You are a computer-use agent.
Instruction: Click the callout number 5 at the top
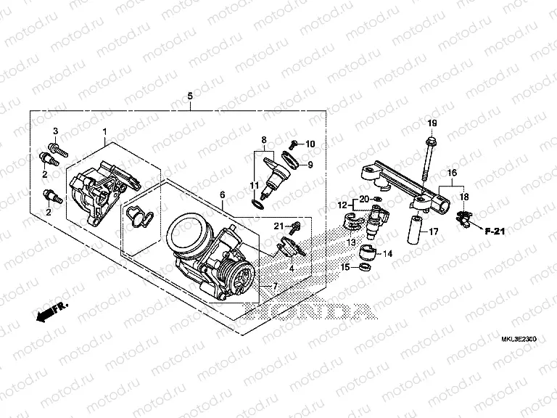[x=190, y=97]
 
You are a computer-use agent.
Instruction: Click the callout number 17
[x=433, y=232]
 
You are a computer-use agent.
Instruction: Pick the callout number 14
[x=387, y=254]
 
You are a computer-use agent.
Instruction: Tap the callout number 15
[x=346, y=268]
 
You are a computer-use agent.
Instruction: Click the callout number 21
[x=278, y=226]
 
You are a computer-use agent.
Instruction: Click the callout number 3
[x=55, y=130]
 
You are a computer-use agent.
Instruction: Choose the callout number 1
[x=104, y=131]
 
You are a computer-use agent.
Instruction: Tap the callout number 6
[x=222, y=194]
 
